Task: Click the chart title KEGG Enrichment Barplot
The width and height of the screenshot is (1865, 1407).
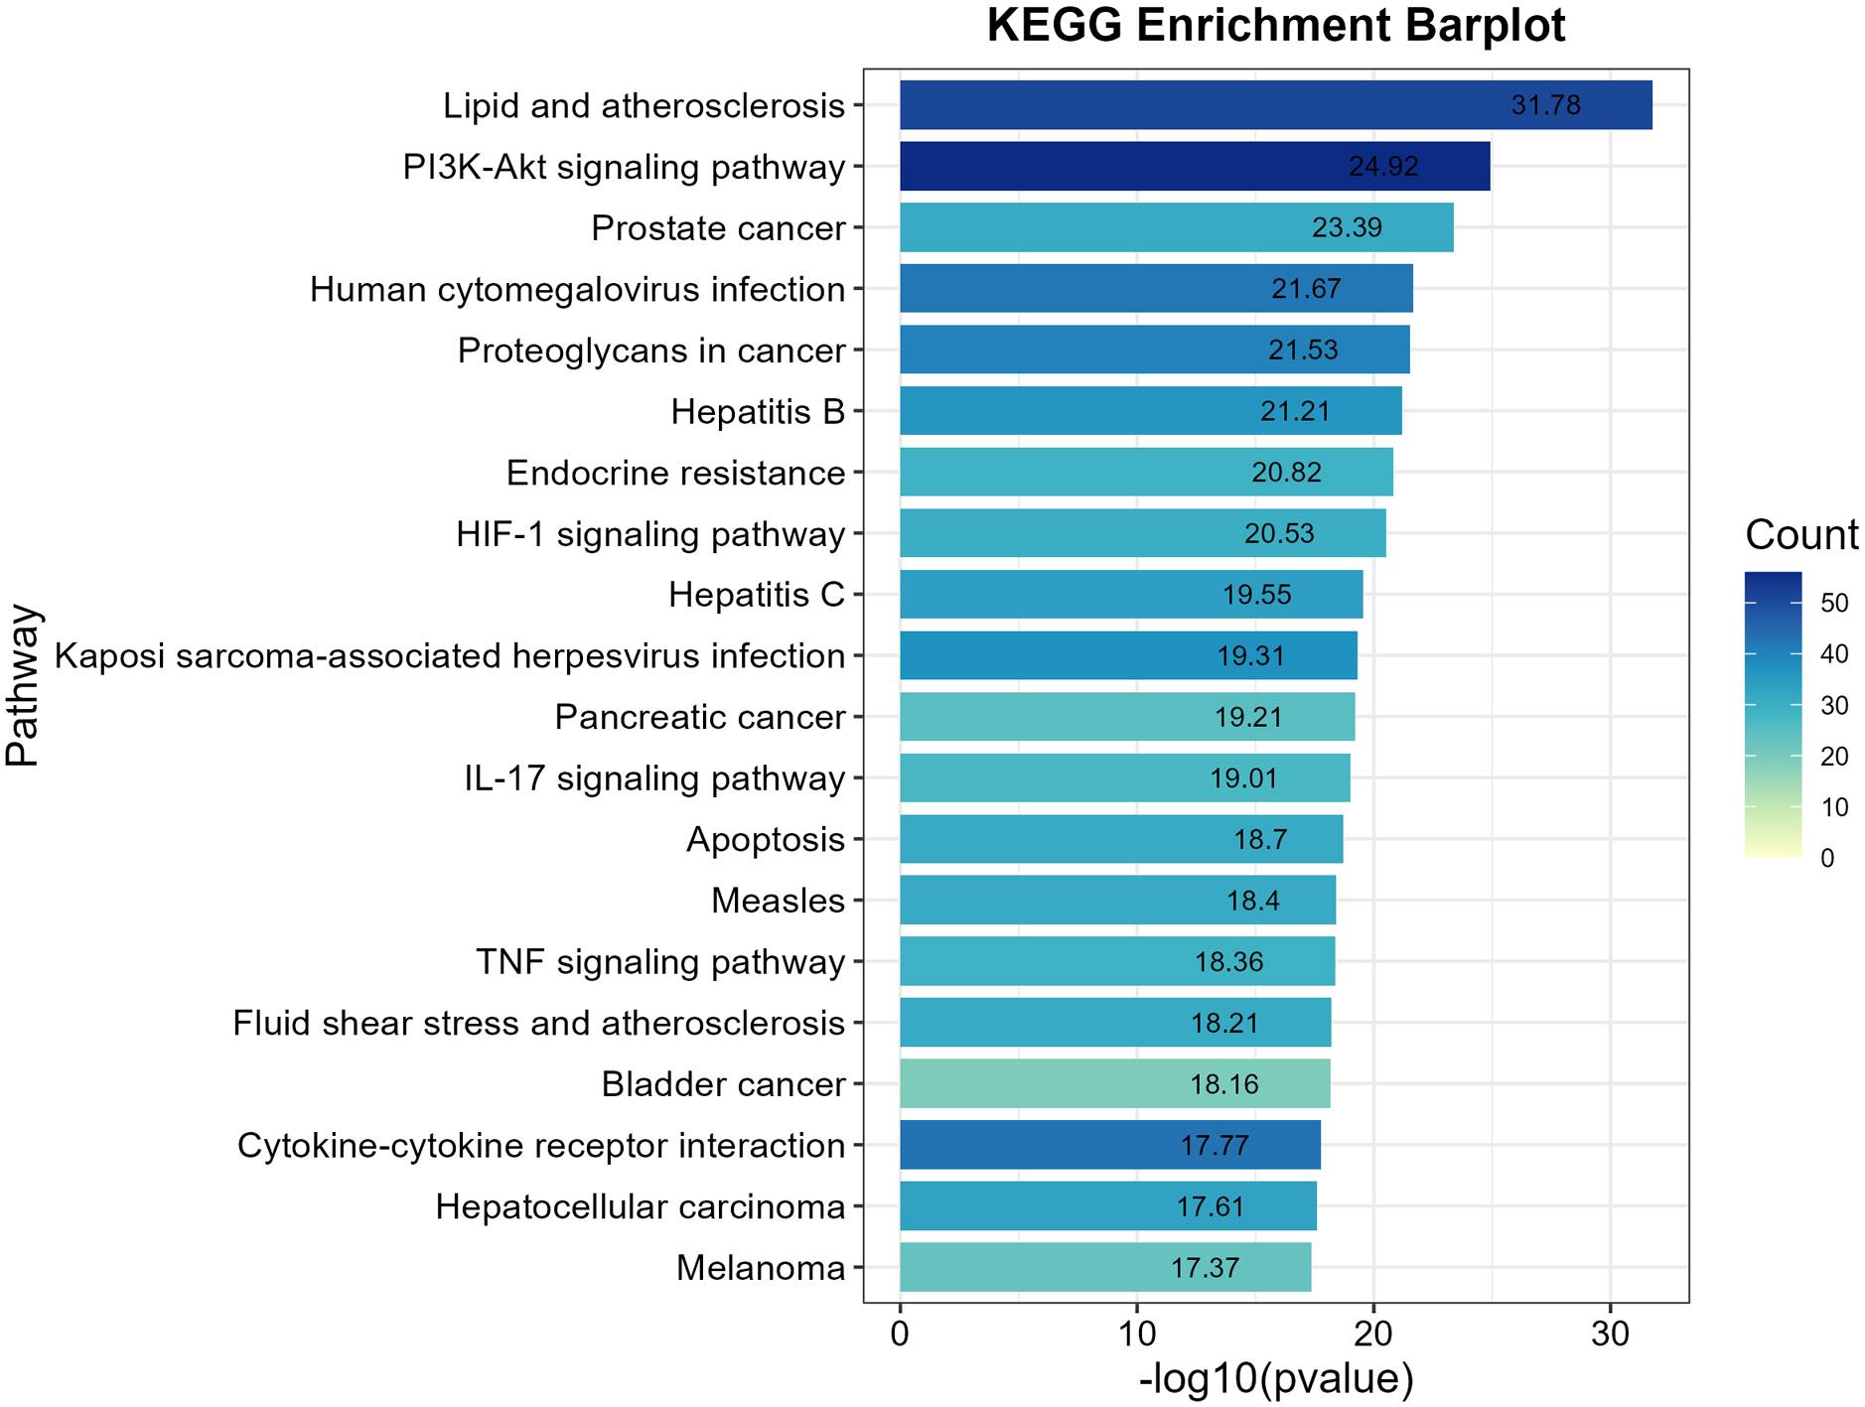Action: click(1275, 27)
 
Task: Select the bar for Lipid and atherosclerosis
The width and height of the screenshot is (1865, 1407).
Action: click(1275, 105)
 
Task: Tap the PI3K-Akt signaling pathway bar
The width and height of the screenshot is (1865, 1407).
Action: click(1194, 166)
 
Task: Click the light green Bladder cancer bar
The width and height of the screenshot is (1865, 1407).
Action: click(1114, 1083)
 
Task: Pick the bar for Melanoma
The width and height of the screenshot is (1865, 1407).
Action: click(1104, 1267)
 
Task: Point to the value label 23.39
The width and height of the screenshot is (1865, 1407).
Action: click(1347, 228)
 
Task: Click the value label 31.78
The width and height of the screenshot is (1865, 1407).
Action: click(1545, 105)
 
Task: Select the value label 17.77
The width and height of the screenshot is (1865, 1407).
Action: click(1214, 1146)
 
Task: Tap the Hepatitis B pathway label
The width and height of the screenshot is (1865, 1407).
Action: click(758, 411)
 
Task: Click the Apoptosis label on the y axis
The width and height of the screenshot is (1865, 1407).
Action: click(766, 840)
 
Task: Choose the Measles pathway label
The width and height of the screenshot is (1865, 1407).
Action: click(778, 901)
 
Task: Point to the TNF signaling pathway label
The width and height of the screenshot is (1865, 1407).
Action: click(660, 962)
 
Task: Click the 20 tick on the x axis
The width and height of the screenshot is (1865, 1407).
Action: click(1373, 1334)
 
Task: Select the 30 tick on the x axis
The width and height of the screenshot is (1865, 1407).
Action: click(1610, 1334)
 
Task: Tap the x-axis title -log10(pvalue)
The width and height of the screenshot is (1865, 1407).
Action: click(1275, 1379)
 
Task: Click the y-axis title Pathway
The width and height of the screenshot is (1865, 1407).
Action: click(22, 685)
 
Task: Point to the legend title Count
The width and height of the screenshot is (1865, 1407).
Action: click(1801, 535)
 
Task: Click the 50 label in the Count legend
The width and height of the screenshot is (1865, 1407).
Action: click(1834, 604)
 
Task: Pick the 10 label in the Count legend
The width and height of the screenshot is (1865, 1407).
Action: click(1834, 807)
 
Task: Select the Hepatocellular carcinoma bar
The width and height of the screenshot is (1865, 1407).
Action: click(1107, 1206)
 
